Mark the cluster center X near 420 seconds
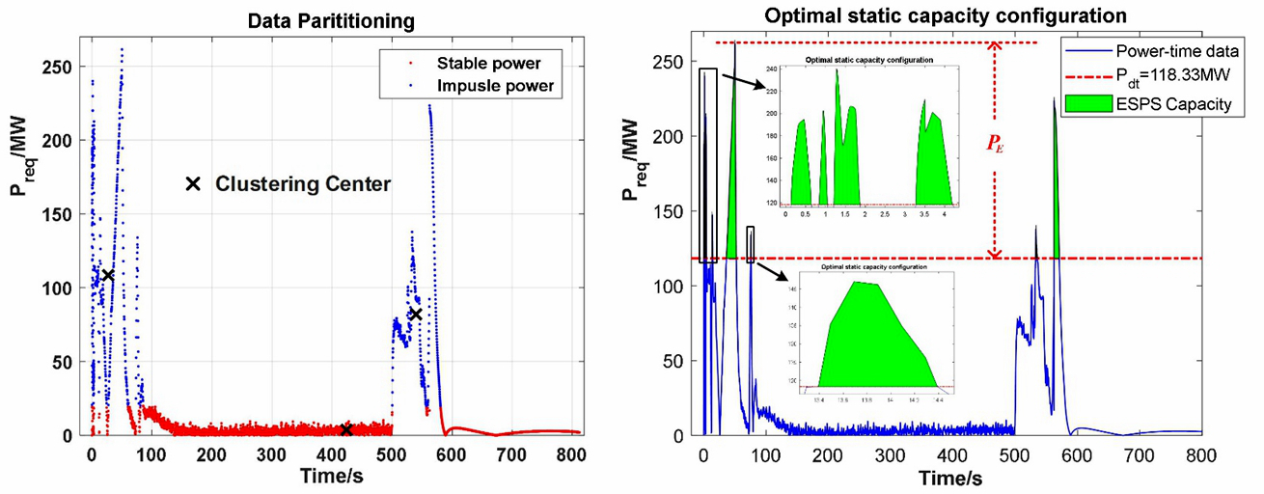coord(345,429)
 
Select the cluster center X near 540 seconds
coord(416,314)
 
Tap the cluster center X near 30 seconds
coord(108,275)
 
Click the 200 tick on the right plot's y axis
coord(675,137)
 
